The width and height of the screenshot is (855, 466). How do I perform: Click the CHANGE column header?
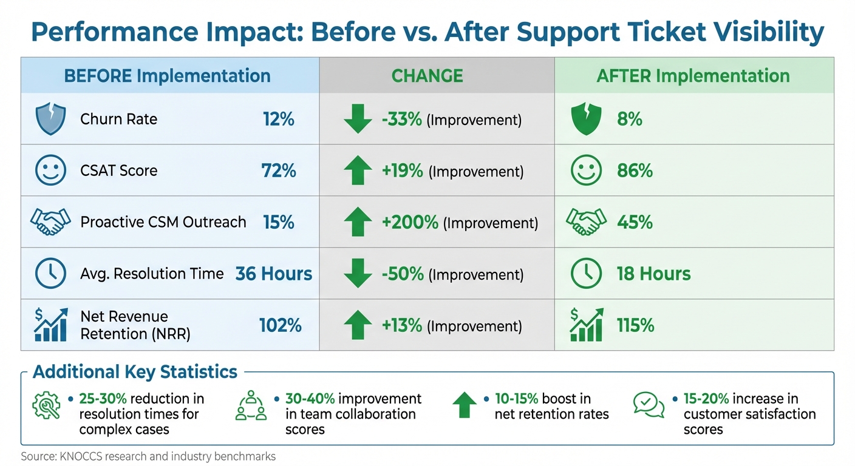[x=427, y=76]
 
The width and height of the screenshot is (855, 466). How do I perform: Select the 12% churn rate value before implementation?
[x=279, y=119]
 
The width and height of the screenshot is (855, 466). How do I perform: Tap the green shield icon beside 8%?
[x=586, y=119]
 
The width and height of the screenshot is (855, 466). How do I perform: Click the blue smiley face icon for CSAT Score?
[x=50, y=171]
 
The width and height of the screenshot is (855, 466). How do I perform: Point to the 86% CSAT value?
[x=635, y=171]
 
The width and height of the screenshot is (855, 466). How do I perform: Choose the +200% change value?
[x=410, y=223]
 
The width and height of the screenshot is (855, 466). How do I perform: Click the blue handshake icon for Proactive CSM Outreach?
[x=47, y=222]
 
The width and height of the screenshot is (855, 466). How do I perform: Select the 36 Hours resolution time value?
[x=274, y=274]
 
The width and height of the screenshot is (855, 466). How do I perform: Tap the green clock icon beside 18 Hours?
[x=586, y=274]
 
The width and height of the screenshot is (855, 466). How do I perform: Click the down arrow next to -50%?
[x=358, y=274]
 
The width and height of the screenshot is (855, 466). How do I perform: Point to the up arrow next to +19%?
[x=358, y=171]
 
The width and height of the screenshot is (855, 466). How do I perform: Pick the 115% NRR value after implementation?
[x=636, y=325]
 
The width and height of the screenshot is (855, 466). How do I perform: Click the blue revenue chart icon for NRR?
[x=50, y=325]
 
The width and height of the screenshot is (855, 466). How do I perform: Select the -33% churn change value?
[x=401, y=120]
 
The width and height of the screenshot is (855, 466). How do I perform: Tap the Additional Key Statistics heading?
[x=135, y=371]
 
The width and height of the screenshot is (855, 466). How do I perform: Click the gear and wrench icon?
[x=46, y=405]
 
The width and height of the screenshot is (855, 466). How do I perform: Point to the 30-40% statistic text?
[x=310, y=399]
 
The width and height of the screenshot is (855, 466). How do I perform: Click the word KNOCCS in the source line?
[x=75, y=456]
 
